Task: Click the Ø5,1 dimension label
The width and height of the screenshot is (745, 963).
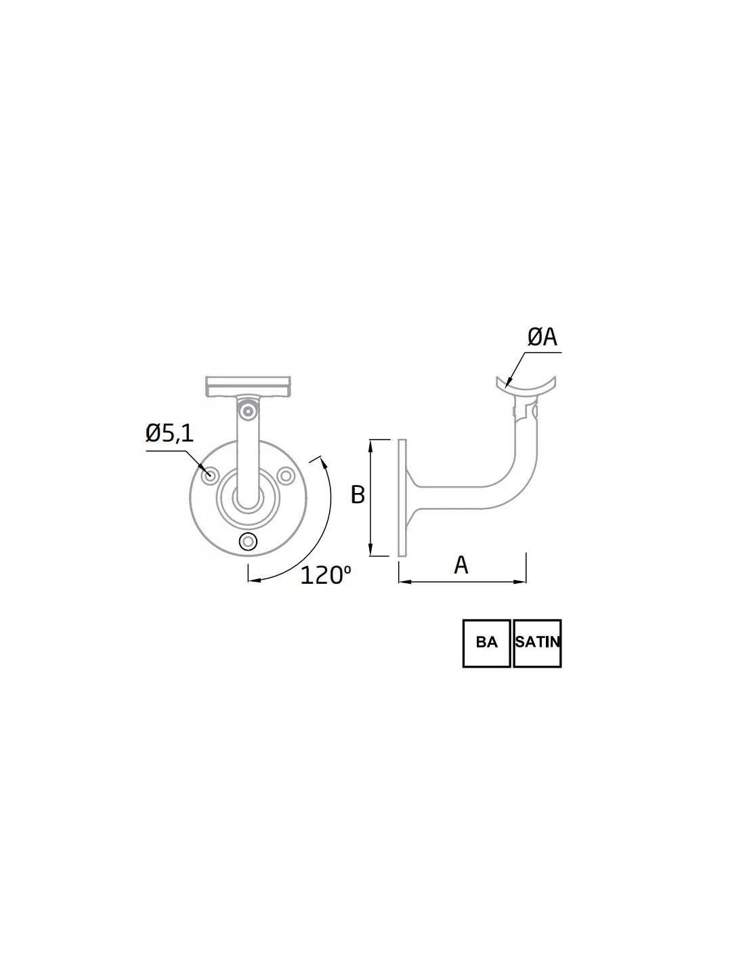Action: point(169,433)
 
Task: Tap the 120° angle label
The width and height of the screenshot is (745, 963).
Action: point(325,575)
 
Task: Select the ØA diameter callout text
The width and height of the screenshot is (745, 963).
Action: point(542,337)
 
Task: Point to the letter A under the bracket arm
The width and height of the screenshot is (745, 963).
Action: point(461,565)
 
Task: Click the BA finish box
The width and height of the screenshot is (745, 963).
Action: point(487,643)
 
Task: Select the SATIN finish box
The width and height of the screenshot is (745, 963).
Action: point(537,643)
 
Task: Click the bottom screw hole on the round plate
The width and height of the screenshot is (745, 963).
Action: point(248,542)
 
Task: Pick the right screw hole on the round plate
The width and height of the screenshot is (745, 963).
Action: point(286,475)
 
